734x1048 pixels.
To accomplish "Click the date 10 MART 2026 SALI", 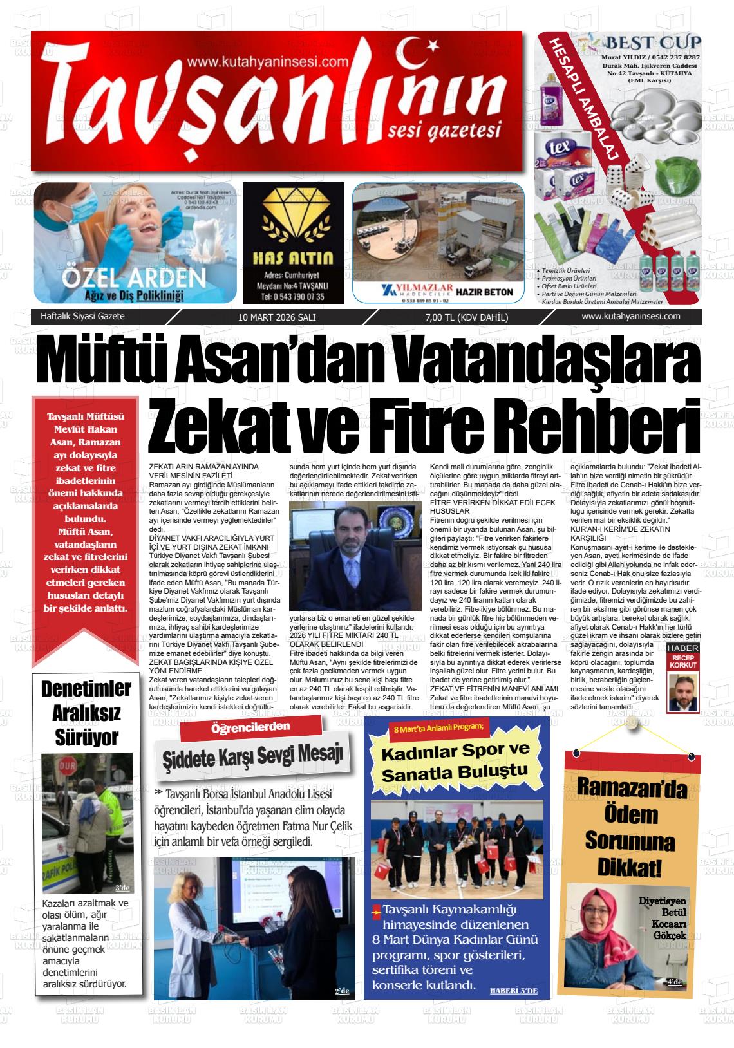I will click(277, 317).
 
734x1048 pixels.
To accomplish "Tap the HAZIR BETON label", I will click(484, 292).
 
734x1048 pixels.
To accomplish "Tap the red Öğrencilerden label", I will click(250, 728).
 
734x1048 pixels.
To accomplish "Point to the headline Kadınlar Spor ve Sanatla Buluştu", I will click(455, 761).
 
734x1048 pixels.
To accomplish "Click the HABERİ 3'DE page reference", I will click(513, 990).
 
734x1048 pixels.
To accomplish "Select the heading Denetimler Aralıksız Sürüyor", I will click(86, 713).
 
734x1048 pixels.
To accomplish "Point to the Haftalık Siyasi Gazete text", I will click(82, 317).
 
